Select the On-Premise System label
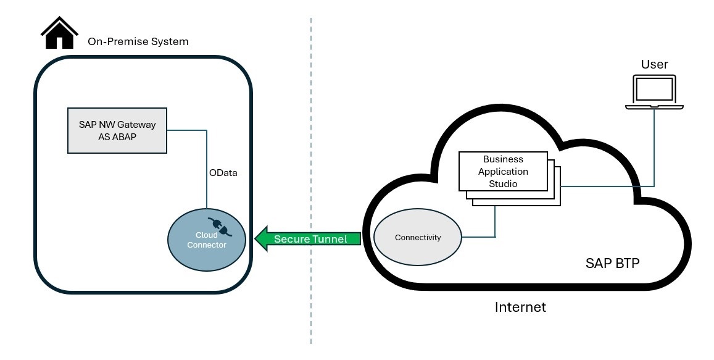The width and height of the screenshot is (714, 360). (x=138, y=42)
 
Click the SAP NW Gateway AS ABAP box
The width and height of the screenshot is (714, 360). (x=117, y=130)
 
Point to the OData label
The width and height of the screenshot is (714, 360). (x=223, y=173)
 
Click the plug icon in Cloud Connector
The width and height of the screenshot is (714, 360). (x=218, y=227)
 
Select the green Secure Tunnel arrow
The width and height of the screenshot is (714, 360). (x=309, y=239)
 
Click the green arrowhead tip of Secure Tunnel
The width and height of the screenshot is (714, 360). (x=258, y=239)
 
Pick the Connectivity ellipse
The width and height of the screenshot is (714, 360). (x=418, y=238)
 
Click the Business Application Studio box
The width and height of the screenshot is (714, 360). (x=503, y=171)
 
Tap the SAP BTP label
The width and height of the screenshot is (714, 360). (x=612, y=263)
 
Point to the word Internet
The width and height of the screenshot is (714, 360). (x=520, y=307)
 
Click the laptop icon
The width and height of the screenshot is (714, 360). (x=654, y=93)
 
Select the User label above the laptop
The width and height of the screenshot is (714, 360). (x=654, y=64)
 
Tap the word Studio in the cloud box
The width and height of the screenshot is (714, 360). (x=503, y=183)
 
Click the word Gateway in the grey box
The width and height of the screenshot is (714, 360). (x=137, y=124)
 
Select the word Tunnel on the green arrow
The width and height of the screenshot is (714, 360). (x=329, y=239)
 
